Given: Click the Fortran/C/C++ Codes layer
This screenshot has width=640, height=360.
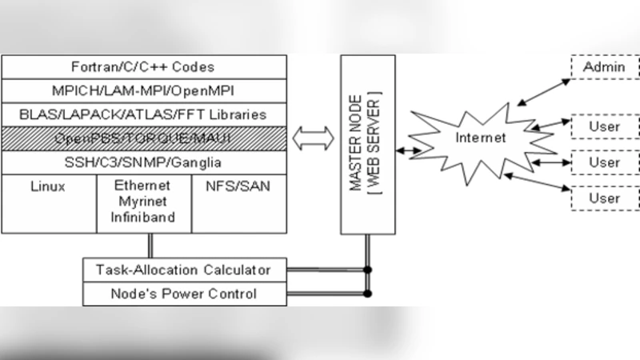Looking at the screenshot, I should tap(145, 67).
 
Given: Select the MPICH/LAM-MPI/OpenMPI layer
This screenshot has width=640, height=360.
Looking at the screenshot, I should tap(145, 91).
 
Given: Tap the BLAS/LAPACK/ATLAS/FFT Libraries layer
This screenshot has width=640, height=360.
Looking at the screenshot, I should tap(145, 114).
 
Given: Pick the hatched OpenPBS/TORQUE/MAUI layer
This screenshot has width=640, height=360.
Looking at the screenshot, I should tap(145, 138).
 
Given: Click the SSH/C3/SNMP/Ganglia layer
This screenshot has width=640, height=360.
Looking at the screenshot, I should tap(145, 162).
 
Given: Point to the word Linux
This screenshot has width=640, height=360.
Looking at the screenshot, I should tap(48, 187).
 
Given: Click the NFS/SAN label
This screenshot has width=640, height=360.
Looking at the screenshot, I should tap(239, 187).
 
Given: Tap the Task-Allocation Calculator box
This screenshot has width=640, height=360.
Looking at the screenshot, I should tap(184, 270).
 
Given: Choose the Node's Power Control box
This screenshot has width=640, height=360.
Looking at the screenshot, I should tap(184, 294).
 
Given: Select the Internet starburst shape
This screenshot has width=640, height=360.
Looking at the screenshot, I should tap(480, 138).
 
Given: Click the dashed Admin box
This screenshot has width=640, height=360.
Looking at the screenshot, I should tap(603, 67).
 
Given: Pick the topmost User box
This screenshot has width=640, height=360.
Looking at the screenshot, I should tap(603, 126).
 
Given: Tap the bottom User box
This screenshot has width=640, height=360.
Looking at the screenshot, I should tap(603, 197).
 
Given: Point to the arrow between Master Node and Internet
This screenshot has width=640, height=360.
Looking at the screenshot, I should tap(413, 150).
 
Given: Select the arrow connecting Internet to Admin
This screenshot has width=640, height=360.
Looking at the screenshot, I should tap(542, 89).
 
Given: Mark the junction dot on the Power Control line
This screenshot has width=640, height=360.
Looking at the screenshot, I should tap(368, 294).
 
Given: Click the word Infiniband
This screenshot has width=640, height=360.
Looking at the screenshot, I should tap(144, 215).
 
